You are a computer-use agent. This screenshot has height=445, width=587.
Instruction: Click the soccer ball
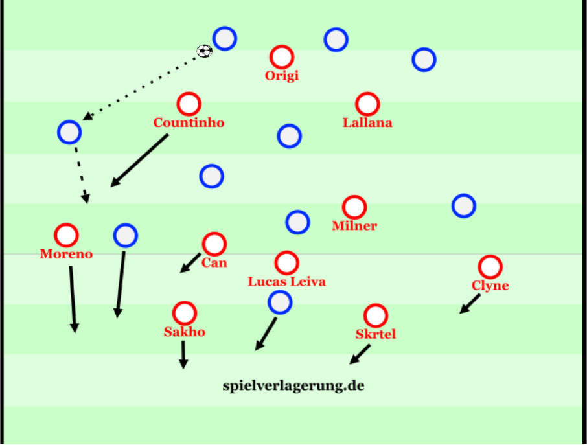(x=204, y=51)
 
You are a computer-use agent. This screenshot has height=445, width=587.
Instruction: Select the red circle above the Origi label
(x=282, y=57)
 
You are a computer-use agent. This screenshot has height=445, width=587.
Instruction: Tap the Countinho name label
(x=189, y=123)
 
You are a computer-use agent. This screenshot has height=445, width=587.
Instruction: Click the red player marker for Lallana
(x=367, y=104)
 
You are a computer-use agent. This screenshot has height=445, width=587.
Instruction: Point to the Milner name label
(x=354, y=225)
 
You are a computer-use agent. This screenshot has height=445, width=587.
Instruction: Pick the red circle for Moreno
(x=66, y=235)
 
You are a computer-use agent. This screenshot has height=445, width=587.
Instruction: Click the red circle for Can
(x=214, y=244)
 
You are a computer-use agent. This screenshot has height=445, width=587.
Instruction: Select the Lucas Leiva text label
(x=287, y=282)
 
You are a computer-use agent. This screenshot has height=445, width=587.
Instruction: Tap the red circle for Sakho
(x=185, y=314)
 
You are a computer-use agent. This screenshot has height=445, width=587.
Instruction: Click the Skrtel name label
(x=376, y=334)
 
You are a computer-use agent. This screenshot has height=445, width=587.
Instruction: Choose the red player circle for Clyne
(x=490, y=267)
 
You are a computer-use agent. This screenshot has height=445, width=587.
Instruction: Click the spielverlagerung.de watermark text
(x=293, y=386)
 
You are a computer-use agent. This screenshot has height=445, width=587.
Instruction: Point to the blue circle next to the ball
(x=225, y=38)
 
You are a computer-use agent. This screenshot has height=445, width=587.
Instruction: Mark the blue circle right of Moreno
(x=126, y=235)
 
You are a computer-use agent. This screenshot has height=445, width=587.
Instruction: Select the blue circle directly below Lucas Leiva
(x=280, y=302)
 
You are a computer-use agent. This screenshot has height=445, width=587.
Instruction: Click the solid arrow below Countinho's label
(x=139, y=160)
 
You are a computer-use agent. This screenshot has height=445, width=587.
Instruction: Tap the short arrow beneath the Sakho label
(x=183, y=355)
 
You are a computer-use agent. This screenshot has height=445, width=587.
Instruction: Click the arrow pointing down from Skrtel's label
(x=360, y=354)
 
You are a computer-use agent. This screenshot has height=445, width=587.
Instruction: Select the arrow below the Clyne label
(x=470, y=304)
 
